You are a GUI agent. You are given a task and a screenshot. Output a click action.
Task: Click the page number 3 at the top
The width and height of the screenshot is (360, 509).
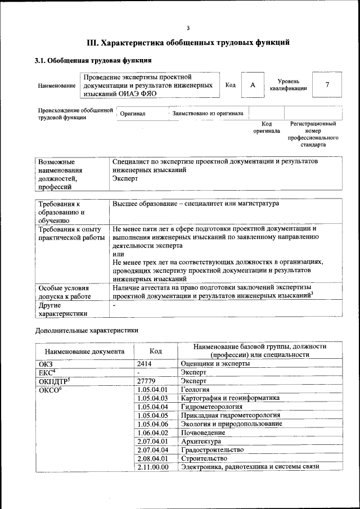(188, 28)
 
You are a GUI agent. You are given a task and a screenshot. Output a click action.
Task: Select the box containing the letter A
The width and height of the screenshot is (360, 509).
(253, 85)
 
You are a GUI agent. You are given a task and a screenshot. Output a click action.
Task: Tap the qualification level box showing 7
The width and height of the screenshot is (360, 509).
(327, 85)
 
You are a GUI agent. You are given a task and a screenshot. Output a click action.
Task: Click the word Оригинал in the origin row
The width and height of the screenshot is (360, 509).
(133, 114)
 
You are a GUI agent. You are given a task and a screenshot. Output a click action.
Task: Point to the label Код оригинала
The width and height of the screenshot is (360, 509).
(267, 127)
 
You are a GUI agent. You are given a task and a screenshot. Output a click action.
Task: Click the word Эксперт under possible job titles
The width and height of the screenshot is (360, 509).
(125, 178)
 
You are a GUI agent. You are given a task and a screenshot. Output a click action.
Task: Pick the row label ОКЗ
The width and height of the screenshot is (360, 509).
(46, 364)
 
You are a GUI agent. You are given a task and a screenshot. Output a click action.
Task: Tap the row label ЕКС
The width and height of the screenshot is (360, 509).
(47, 372)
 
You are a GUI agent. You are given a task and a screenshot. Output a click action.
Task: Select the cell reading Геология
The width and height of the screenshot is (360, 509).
(195, 389)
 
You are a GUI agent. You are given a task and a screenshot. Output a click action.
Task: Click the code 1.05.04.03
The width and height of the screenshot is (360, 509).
(152, 398)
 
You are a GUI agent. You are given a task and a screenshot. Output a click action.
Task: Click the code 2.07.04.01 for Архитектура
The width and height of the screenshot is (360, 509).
(152, 442)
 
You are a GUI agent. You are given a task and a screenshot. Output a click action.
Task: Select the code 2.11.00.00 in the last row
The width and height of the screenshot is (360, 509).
(152, 467)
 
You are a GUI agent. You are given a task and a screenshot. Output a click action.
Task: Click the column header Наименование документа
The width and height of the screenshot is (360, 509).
(85, 351)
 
